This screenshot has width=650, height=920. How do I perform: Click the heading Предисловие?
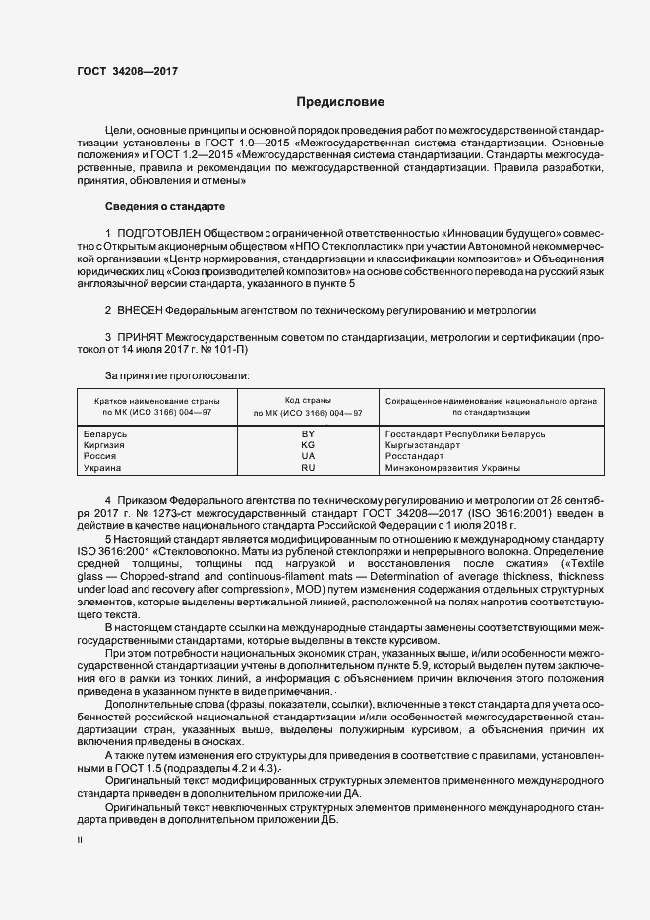[340, 102]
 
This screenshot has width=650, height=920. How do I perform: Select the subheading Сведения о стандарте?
[164, 207]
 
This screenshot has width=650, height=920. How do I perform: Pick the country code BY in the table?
[308, 433]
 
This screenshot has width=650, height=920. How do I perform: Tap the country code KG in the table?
[308, 445]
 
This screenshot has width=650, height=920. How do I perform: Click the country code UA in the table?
[308, 457]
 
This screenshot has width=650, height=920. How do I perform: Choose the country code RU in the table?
[308, 469]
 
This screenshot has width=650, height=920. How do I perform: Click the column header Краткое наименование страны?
[157, 402]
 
